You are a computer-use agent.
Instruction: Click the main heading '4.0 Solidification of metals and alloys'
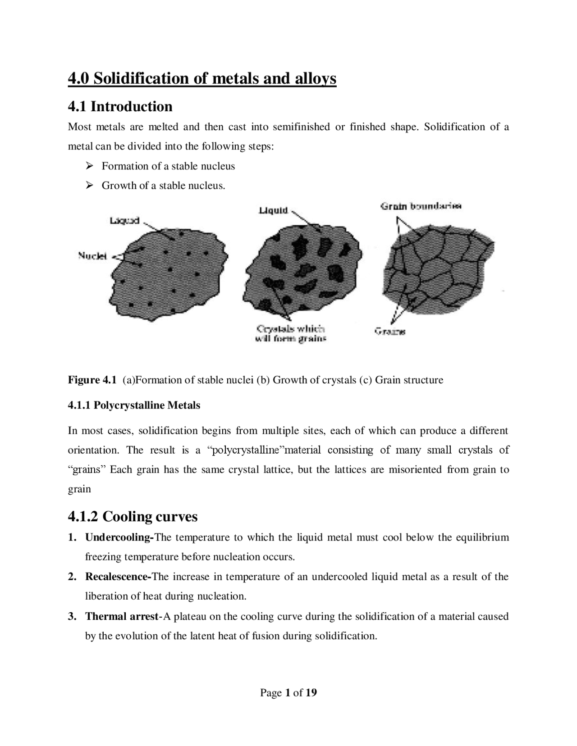point(202,78)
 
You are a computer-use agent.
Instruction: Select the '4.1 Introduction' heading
point(120,106)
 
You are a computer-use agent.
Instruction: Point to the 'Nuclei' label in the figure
point(92,256)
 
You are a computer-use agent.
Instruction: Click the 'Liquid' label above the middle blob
point(273,210)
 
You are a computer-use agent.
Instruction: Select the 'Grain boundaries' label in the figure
point(421,206)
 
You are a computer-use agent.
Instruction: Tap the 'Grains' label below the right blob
point(389,332)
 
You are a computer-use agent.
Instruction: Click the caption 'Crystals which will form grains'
point(290,334)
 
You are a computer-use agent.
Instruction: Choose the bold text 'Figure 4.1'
point(92,380)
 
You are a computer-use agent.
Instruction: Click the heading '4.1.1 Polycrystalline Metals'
point(134,405)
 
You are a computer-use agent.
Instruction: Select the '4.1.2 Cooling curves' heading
point(133,516)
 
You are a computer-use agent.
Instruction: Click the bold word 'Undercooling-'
point(119,537)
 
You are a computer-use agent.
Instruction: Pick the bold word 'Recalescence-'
point(118,577)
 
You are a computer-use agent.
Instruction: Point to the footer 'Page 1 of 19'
point(288,692)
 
